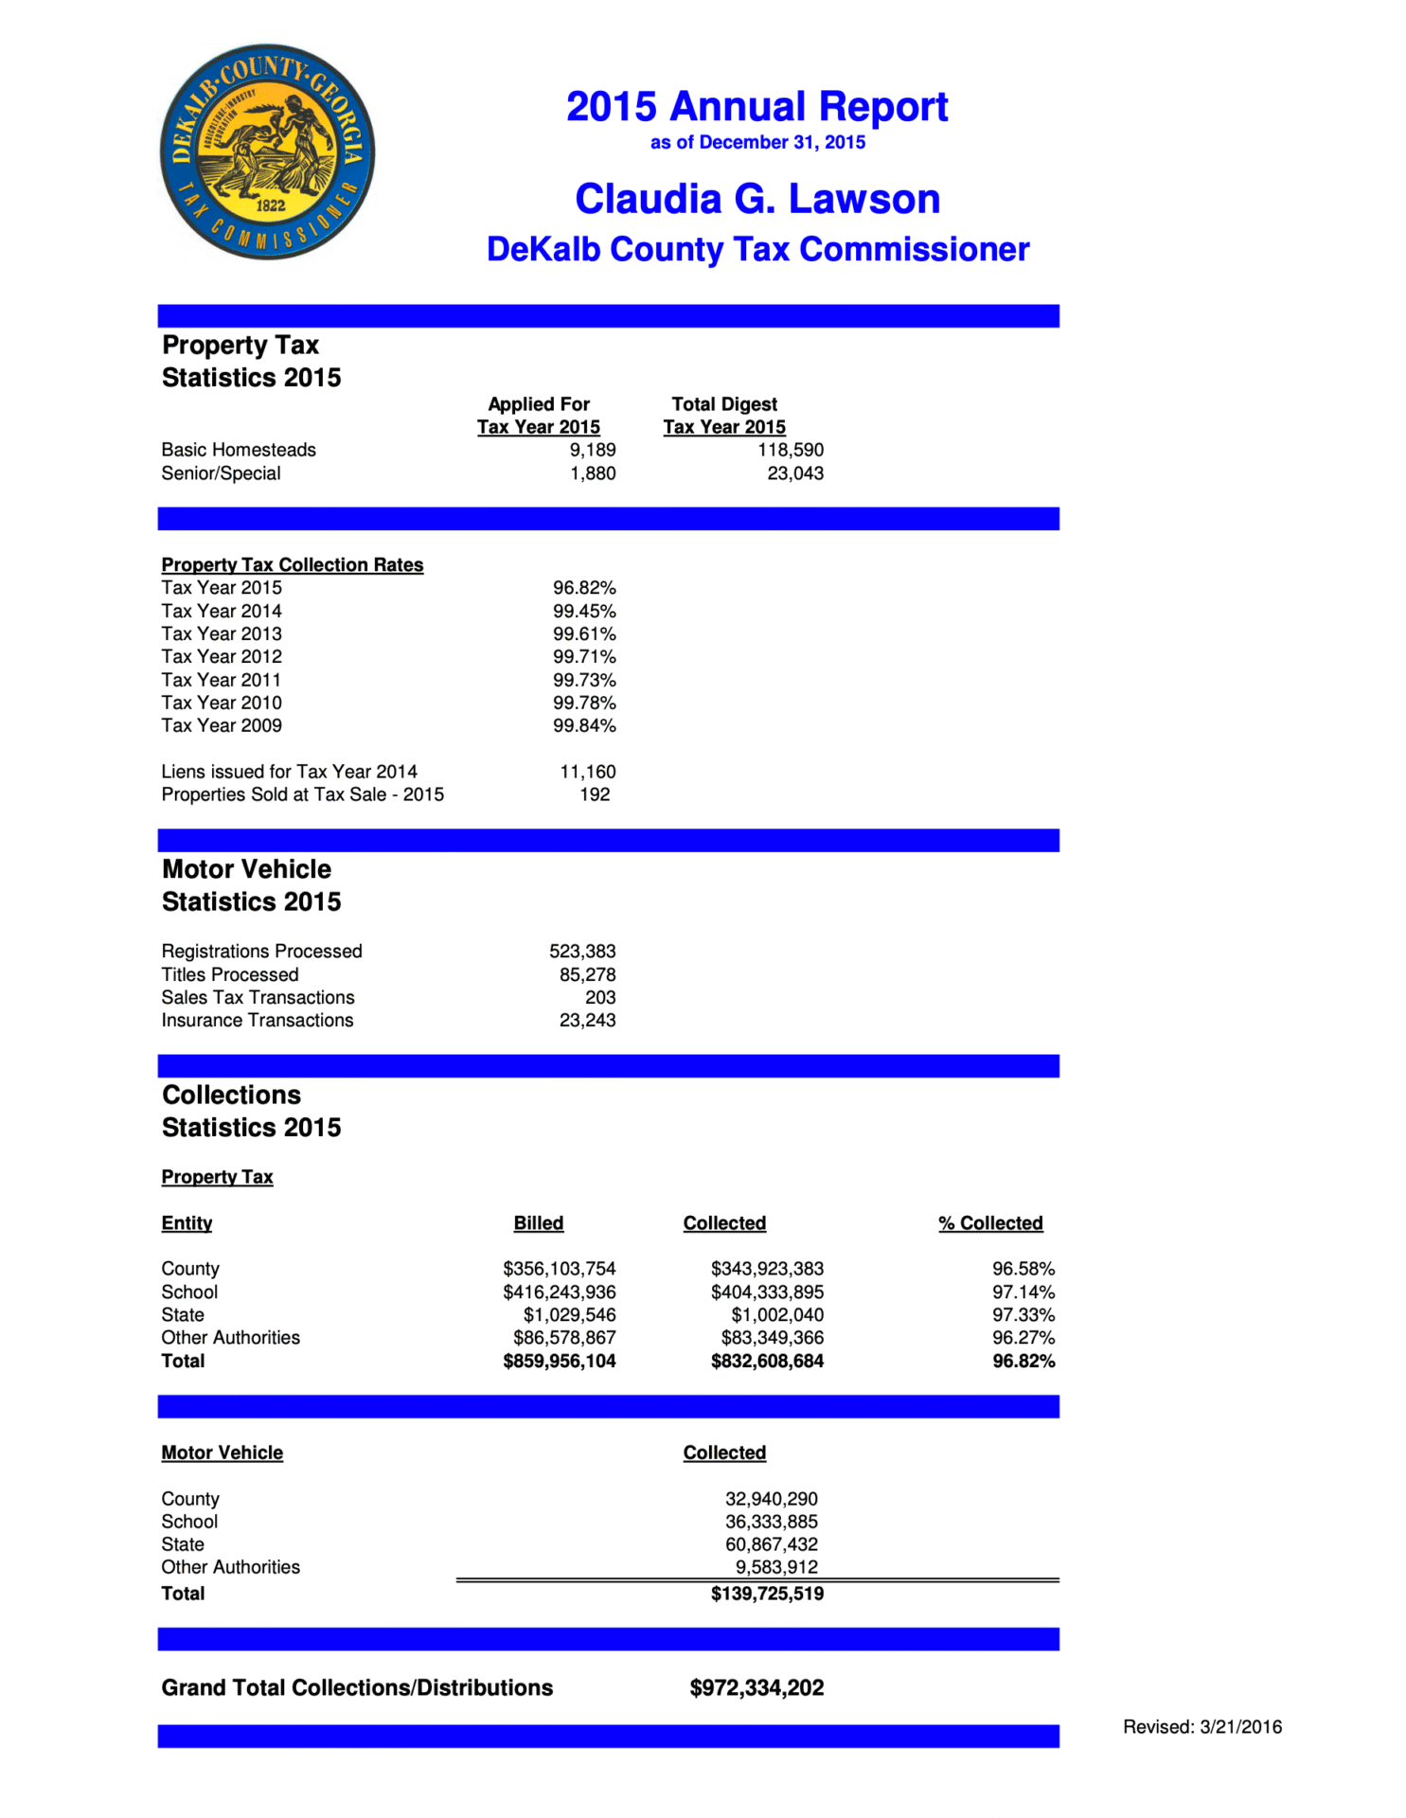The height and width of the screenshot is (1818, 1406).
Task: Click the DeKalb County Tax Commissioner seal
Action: (267, 151)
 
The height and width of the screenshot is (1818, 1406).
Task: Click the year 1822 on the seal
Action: (270, 205)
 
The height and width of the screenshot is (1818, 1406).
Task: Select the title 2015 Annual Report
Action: (756, 107)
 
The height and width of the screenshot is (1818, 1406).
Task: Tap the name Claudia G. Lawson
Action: (757, 199)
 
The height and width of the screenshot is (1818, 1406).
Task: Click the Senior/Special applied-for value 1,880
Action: (592, 473)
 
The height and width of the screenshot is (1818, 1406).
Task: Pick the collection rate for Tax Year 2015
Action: (584, 588)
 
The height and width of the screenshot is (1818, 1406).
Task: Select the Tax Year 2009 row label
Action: (222, 725)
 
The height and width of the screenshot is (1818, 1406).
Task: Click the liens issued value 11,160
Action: (587, 772)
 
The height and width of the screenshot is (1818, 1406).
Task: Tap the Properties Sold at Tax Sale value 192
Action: (595, 794)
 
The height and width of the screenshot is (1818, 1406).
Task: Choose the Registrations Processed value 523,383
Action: (582, 951)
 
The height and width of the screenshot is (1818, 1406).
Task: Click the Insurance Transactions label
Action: (258, 1020)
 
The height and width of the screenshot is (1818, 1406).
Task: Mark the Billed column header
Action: (538, 1223)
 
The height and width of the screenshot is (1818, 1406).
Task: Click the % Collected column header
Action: (990, 1223)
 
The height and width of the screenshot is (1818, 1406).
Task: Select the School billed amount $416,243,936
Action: (559, 1292)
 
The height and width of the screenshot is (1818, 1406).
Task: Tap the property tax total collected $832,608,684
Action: (767, 1361)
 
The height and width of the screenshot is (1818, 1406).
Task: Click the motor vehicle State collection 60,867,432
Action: (771, 1544)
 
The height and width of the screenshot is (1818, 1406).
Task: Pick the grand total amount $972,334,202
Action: (756, 1687)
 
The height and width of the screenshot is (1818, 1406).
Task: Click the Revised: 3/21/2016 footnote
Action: (1201, 1726)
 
